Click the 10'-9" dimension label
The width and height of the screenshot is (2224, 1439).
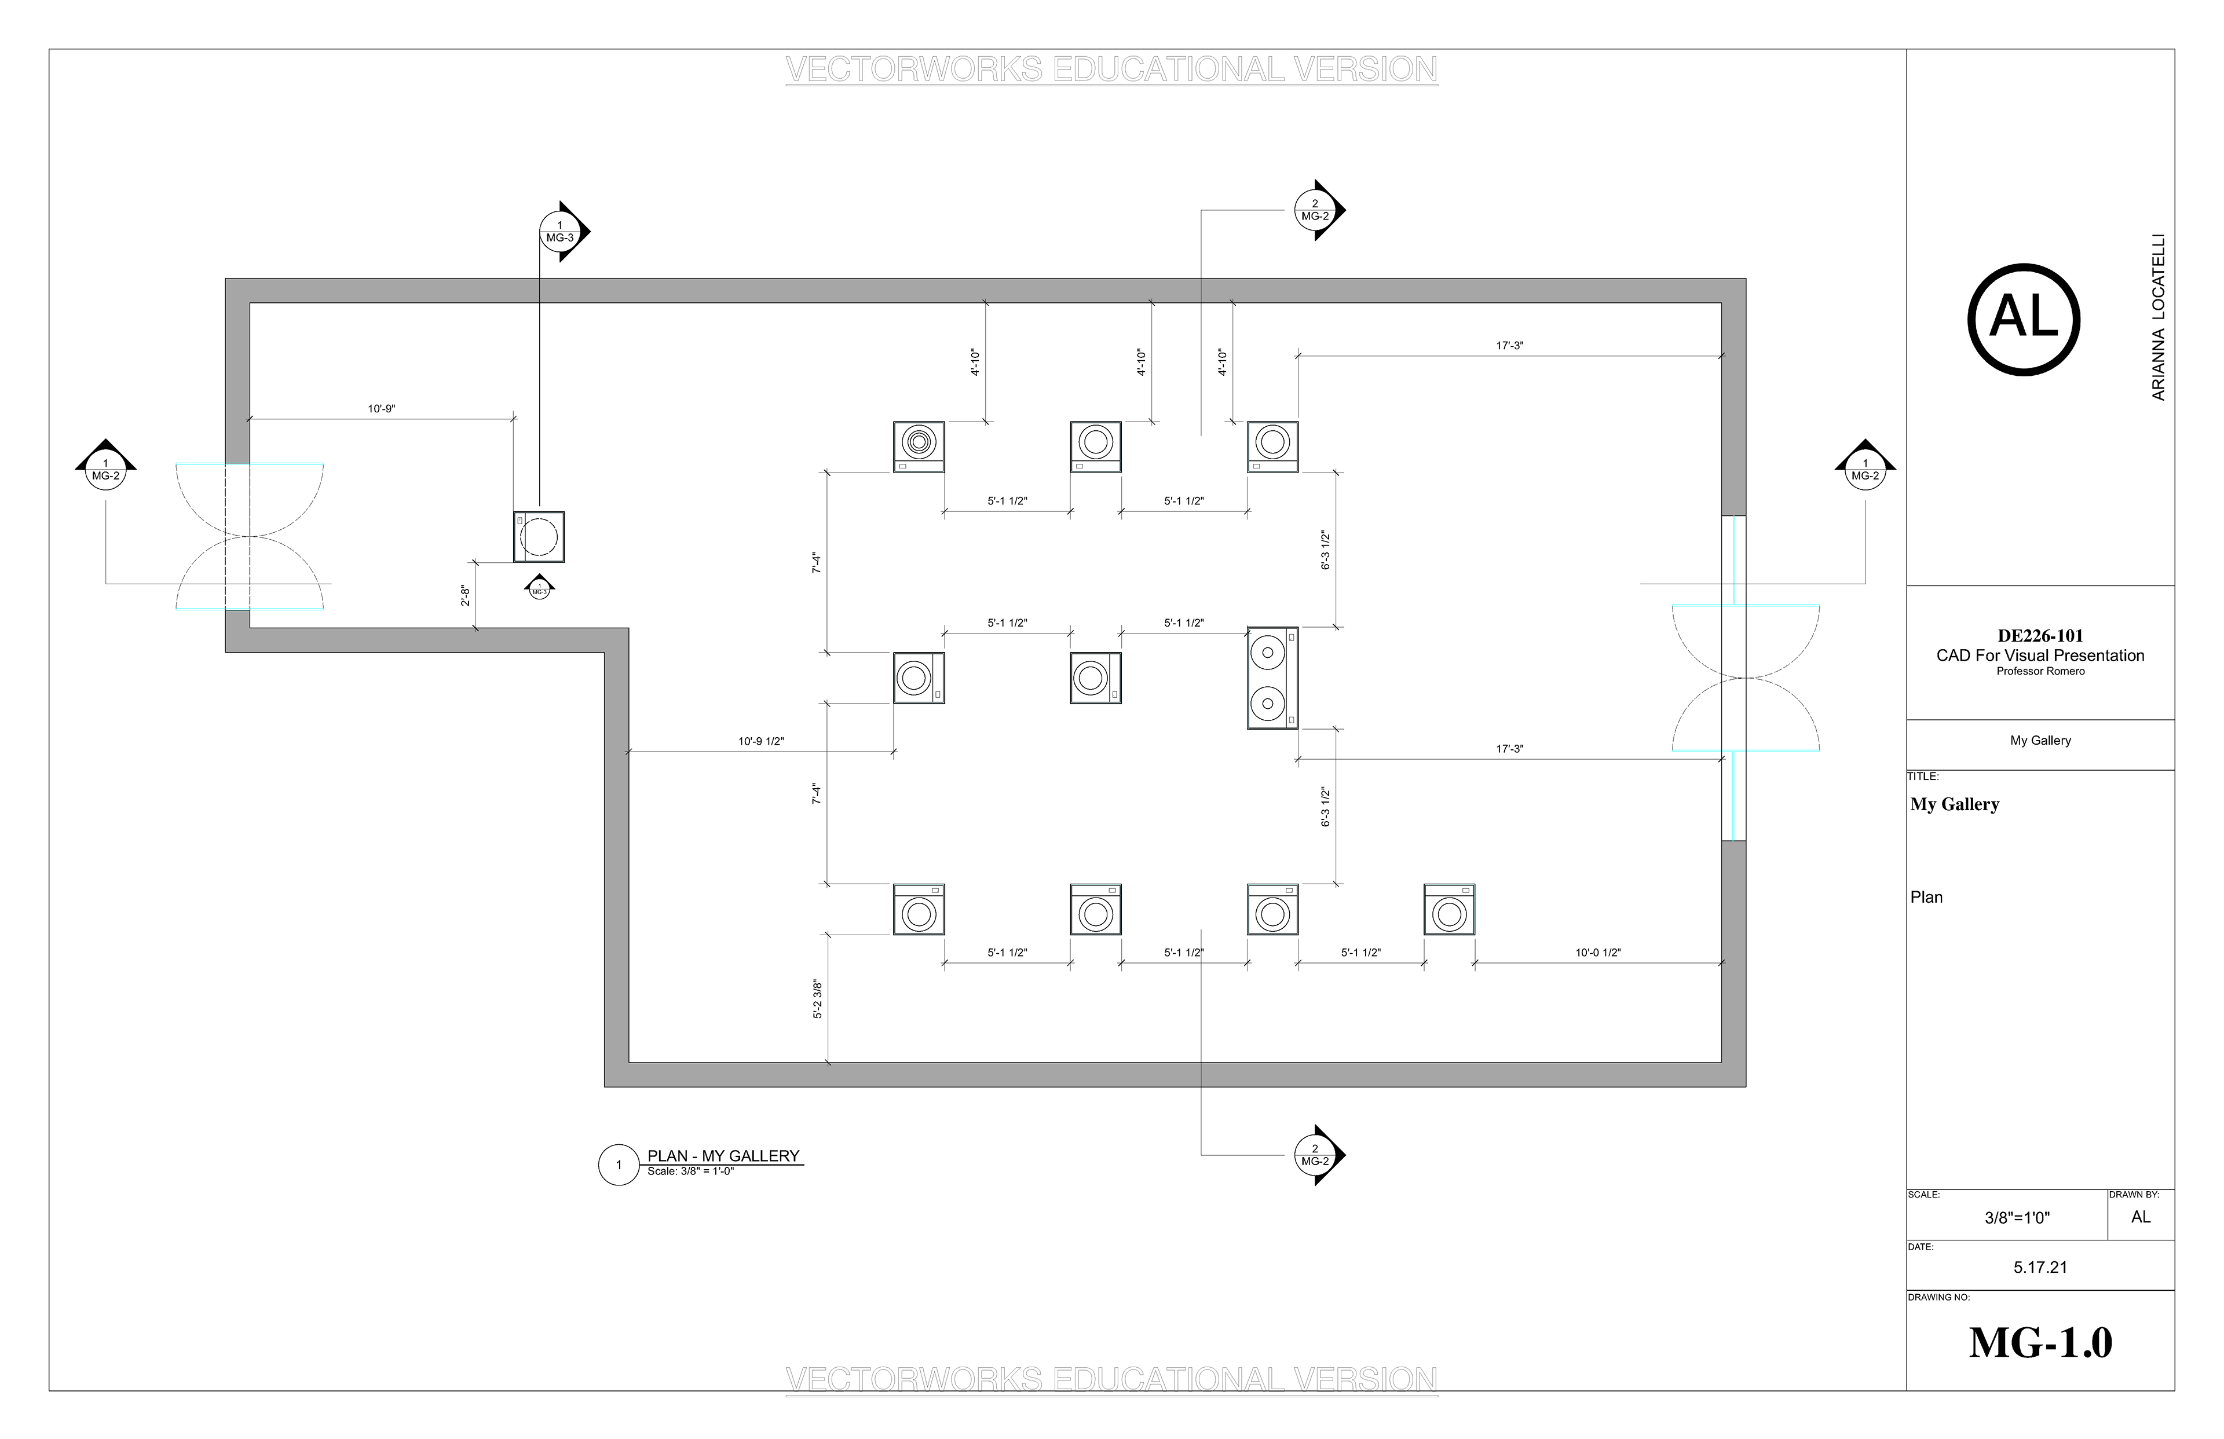[x=381, y=408]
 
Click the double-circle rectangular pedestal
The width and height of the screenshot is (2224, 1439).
[x=1272, y=678]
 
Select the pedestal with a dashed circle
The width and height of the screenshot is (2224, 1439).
[x=539, y=536]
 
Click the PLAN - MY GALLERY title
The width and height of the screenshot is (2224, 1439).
[x=723, y=1156]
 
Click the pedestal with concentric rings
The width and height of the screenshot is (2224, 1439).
[x=919, y=446]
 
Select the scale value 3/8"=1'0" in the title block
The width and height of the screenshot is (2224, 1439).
[x=2017, y=1218]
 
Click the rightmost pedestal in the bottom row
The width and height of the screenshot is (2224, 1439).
[x=1449, y=909]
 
